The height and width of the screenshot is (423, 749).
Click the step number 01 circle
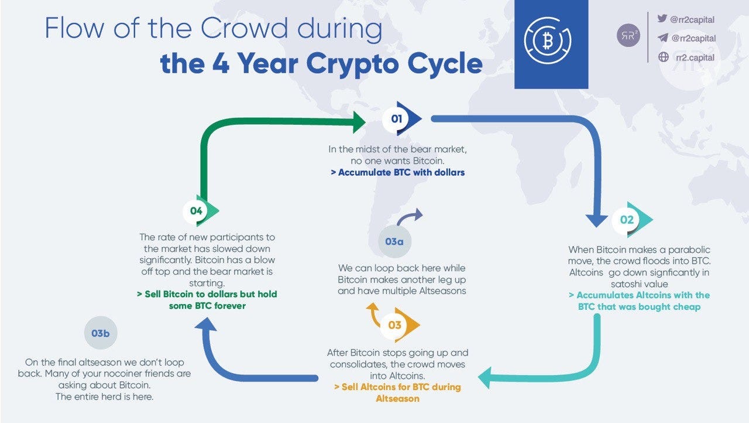[396, 119]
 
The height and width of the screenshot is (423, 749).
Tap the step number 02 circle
[627, 220]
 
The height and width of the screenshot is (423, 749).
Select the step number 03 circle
[394, 325]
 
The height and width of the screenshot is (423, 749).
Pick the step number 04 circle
[195, 211]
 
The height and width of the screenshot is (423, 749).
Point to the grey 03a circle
[394, 241]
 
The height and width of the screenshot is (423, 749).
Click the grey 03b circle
[100, 333]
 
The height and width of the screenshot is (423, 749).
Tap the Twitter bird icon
[662, 19]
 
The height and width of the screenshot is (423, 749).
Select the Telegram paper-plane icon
[662, 37]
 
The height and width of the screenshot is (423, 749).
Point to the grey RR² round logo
[628, 36]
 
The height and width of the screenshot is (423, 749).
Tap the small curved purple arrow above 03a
[410, 217]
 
